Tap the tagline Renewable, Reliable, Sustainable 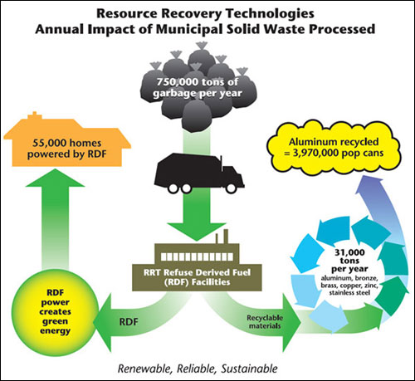coord(207,366)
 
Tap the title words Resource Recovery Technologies coord(205,13)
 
